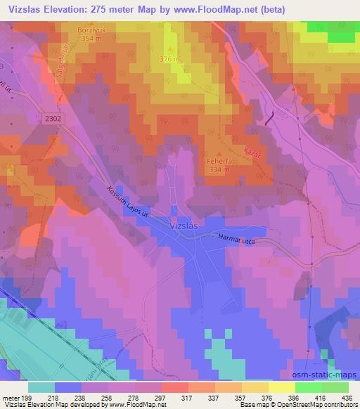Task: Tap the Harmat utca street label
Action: (x=236, y=240)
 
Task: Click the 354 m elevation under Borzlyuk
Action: (x=89, y=40)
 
